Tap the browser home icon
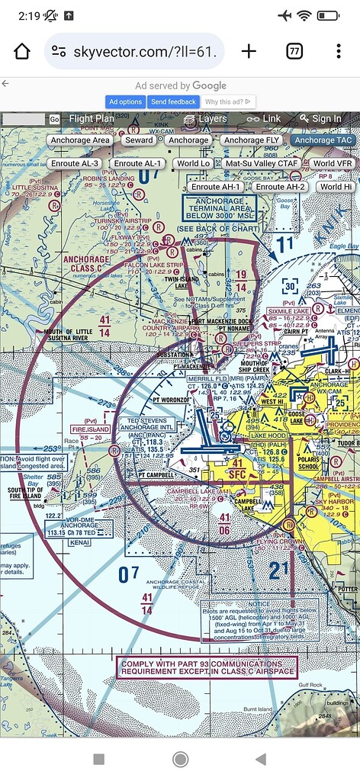tap(22, 51)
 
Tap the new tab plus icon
tap(249, 51)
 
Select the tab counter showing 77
tap(294, 51)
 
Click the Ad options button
tap(125, 101)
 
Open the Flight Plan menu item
tap(91, 119)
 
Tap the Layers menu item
tap(206, 119)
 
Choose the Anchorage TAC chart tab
tap(323, 140)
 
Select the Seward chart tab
tap(139, 140)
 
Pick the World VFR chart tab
tap(333, 163)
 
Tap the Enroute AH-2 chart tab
tap(280, 187)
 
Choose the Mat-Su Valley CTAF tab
tap(262, 163)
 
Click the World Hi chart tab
tap(336, 187)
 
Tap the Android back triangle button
tap(260, 759)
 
